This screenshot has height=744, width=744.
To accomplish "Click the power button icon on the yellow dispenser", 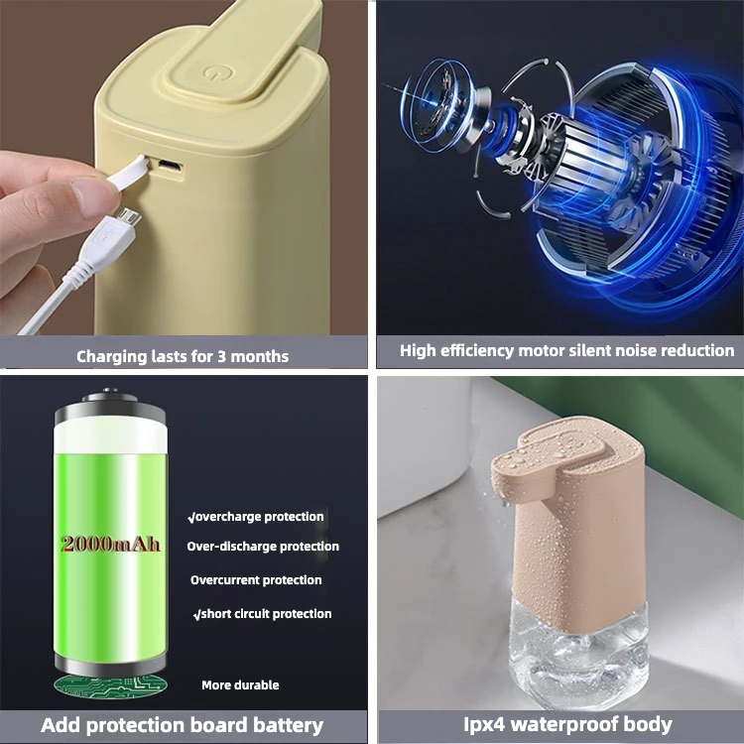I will point(210,72).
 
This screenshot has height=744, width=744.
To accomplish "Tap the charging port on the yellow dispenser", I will point(171,166).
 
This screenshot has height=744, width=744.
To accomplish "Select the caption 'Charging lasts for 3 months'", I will point(183,355).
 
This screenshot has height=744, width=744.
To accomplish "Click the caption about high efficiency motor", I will point(566,350).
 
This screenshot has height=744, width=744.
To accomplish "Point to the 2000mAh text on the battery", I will point(110,544).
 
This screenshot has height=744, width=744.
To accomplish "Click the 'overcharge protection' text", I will point(256,517).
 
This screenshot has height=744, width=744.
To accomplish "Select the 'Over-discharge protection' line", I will point(263,547).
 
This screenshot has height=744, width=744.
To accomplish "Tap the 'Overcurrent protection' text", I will point(256,580).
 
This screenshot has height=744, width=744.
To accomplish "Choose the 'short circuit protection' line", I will point(263,614).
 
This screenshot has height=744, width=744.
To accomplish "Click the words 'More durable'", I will point(240,685).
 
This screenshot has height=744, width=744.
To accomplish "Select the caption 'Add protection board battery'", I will point(183,725).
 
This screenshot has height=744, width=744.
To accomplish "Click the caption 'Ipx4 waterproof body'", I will point(566,724).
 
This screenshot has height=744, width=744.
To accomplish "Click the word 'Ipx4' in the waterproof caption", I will point(485,724).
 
